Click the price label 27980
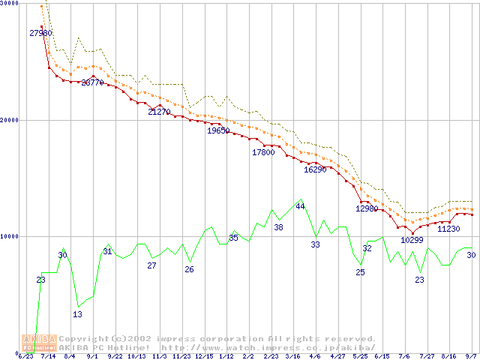pyautogui.click(x=40, y=34)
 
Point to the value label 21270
pyautogui.click(x=159, y=112)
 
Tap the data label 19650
pyautogui.click(x=218, y=130)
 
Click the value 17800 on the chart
pyautogui.click(x=263, y=152)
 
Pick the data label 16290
pyautogui.click(x=315, y=169)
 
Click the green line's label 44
pyautogui.click(x=300, y=206)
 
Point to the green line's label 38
pyautogui.click(x=278, y=227)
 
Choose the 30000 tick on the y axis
pyautogui.click(x=10, y=4)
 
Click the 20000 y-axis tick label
pyautogui.click(x=10, y=120)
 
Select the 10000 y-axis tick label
pyautogui.click(x=10, y=236)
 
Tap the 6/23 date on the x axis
pyautogui.click(x=26, y=356)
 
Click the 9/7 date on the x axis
pyautogui.click(x=471, y=356)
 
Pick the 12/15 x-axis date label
pyautogui.click(x=204, y=356)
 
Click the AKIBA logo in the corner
pyautogui.click(x=39, y=343)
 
